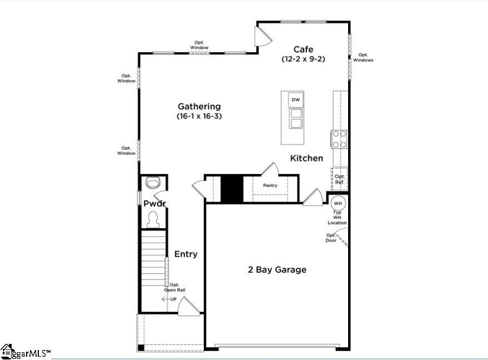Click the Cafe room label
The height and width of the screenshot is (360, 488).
[x=304, y=49]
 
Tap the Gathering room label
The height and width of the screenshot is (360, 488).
[x=199, y=106]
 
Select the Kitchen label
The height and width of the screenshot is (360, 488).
[x=306, y=158]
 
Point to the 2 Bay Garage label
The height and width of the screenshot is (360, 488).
[x=277, y=270]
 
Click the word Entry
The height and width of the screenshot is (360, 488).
[x=186, y=254]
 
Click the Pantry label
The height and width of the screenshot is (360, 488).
[x=270, y=186]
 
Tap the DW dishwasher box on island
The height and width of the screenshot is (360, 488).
[x=296, y=100]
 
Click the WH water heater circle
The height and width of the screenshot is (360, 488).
[x=338, y=203]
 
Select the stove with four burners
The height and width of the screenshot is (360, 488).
[x=339, y=139]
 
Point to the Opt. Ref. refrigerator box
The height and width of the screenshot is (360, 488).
[x=340, y=179]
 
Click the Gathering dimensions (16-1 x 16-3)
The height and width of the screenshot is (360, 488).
[x=199, y=117]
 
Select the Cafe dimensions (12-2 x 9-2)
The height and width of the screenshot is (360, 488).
[x=304, y=59]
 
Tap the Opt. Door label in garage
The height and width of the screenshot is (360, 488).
[x=331, y=238]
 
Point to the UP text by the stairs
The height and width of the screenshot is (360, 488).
[x=173, y=299]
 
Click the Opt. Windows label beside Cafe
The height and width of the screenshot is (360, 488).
[x=363, y=57]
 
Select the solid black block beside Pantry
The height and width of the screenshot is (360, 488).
[x=232, y=188]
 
